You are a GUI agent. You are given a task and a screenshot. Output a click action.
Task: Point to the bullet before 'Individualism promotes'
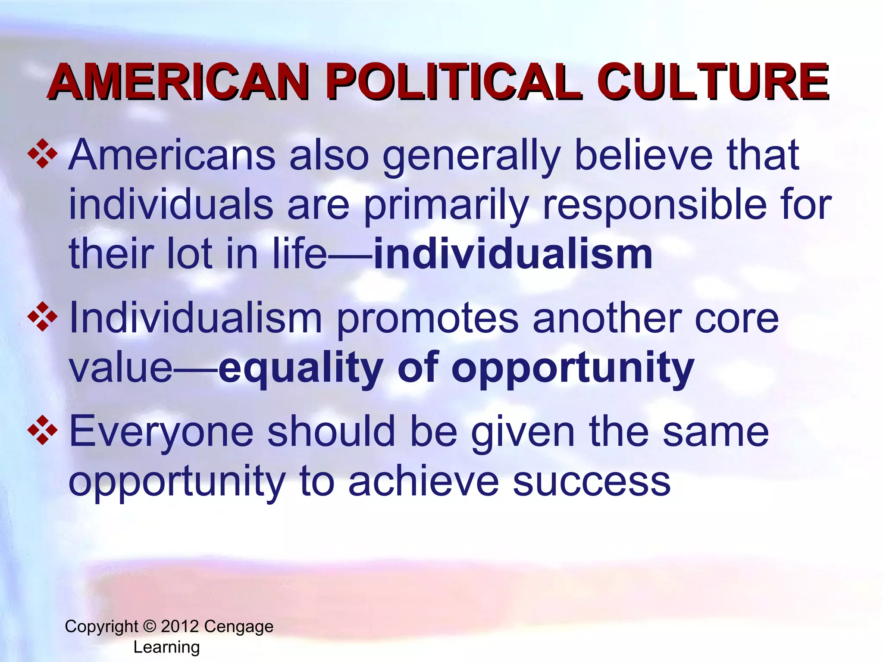click(42, 317)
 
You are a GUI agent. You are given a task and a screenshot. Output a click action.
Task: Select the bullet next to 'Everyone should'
click(42, 430)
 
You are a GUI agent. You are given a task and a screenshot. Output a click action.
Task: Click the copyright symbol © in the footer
click(149, 626)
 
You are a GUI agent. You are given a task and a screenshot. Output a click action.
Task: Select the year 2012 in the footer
click(180, 626)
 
